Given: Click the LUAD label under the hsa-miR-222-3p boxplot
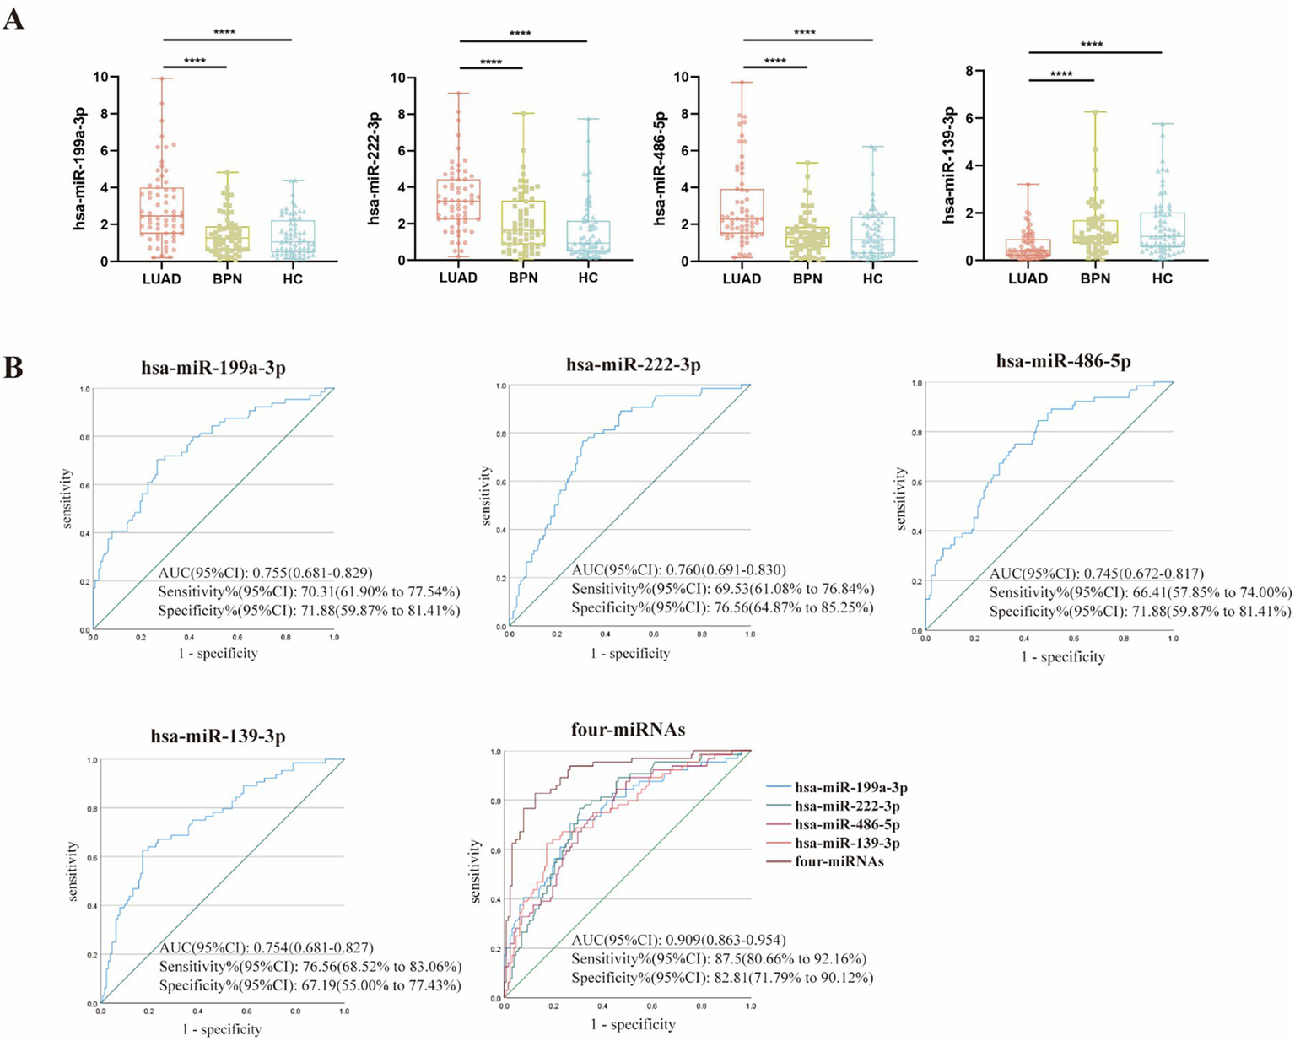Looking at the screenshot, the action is coord(458,278).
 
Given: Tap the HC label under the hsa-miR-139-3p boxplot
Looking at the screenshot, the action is coord(1162,279).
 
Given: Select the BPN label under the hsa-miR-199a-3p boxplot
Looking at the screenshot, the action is coord(227,279).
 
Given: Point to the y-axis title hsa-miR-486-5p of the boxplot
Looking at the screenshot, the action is coord(660,168).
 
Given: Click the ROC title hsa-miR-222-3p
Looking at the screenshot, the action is coord(633,365).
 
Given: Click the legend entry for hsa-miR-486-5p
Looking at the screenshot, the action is coord(847,825).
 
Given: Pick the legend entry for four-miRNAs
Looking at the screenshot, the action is coord(839,862).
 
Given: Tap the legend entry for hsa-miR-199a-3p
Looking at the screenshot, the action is coord(850,788).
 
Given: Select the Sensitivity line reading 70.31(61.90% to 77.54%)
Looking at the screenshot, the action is coord(309,591).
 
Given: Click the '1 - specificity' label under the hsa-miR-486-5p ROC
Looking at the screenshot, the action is coord(1062,657).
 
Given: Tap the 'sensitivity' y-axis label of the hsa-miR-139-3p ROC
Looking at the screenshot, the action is coord(73,871).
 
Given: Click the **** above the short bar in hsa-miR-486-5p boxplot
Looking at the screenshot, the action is coord(774,62).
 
